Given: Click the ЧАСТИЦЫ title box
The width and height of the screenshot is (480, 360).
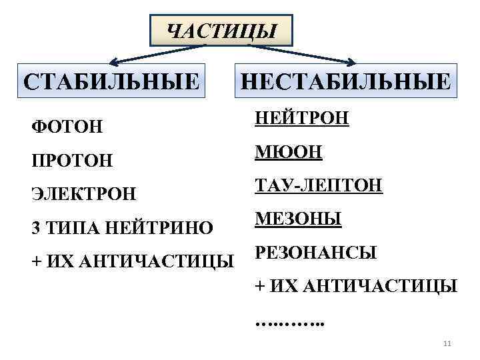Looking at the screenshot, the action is point(221,30).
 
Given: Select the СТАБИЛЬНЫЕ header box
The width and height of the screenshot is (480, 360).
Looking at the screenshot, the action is point(111,82).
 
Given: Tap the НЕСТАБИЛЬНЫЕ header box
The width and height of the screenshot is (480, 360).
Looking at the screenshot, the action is point(345,82).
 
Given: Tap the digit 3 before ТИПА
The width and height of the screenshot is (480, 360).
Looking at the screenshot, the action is point(35,228).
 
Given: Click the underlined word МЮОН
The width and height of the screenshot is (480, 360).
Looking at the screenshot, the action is point(289,152).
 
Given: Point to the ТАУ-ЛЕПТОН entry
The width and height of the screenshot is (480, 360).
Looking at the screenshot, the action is point(319,185).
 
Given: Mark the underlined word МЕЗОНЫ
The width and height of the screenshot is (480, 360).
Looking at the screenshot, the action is point(298,219).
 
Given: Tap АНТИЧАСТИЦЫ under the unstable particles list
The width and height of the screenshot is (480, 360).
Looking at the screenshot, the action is point(379,287).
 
